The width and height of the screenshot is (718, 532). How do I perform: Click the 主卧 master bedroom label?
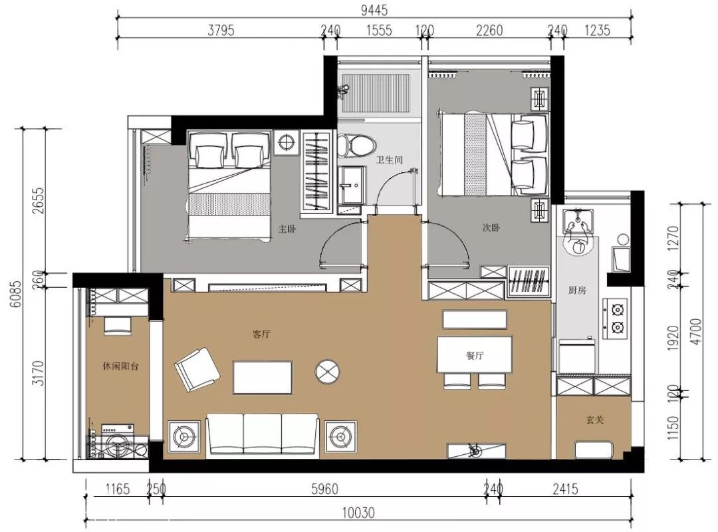pyautogui.click(x=287, y=229)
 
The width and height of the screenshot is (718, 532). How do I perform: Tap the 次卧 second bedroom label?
pyautogui.click(x=491, y=227)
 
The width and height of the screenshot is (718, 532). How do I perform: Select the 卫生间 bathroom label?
pyautogui.click(x=390, y=160)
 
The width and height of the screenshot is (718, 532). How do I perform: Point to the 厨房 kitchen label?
pyautogui.click(x=577, y=290)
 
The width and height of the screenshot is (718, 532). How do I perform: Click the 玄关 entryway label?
pyautogui.click(x=595, y=419)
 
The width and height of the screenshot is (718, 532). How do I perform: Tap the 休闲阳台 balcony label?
pyautogui.click(x=120, y=366)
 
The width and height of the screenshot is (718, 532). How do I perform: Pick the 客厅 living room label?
pyautogui.click(x=261, y=334)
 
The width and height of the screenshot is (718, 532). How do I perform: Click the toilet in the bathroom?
pyautogui.click(x=356, y=144)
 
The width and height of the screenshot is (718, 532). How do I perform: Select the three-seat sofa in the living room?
pyautogui.click(x=263, y=434)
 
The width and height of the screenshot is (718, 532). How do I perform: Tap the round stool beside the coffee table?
pyautogui.click(x=327, y=371)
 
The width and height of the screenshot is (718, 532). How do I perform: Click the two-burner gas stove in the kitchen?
pyautogui.click(x=614, y=319)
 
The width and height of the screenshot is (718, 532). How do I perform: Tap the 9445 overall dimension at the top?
pyautogui.click(x=374, y=9)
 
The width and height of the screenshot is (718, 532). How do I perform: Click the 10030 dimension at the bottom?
pyautogui.click(x=358, y=512)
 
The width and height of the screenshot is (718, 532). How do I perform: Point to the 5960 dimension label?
pyautogui.click(x=324, y=489)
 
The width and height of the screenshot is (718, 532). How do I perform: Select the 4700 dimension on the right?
pyautogui.click(x=696, y=331)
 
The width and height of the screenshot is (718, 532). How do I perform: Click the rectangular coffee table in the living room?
pyautogui.click(x=263, y=377)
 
